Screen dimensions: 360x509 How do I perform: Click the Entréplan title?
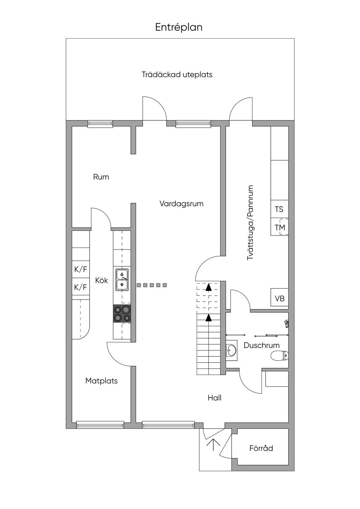pyautogui.click(x=179, y=27)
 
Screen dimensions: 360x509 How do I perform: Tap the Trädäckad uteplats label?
pyautogui.click(x=177, y=75)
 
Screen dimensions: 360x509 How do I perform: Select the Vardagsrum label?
pyautogui.click(x=181, y=204)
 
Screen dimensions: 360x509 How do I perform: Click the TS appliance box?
pyautogui.click(x=279, y=209)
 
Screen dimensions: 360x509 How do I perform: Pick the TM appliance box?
pyautogui.click(x=279, y=227)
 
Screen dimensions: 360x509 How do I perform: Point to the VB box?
pyautogui.click(x=279, y=297)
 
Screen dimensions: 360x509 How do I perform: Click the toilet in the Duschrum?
pyautogui.click(x=280, y=355)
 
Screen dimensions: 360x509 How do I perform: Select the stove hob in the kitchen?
pyautogui.click(x=122, y=314)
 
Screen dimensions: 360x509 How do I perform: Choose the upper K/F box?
pyautogui.click(x=81, y=269)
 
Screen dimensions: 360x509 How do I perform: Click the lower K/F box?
pyautogui.click(x=81, y=287)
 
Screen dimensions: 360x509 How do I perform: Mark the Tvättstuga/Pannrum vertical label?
pyautogui.click(x=250, y=223)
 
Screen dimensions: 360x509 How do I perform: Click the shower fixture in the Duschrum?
pyautogui.click(x=287, y=323)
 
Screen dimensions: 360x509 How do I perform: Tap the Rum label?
pyautogui.click(x=101, y=177)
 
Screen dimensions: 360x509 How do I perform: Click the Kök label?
pyautogui.click(x=101, y=281)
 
